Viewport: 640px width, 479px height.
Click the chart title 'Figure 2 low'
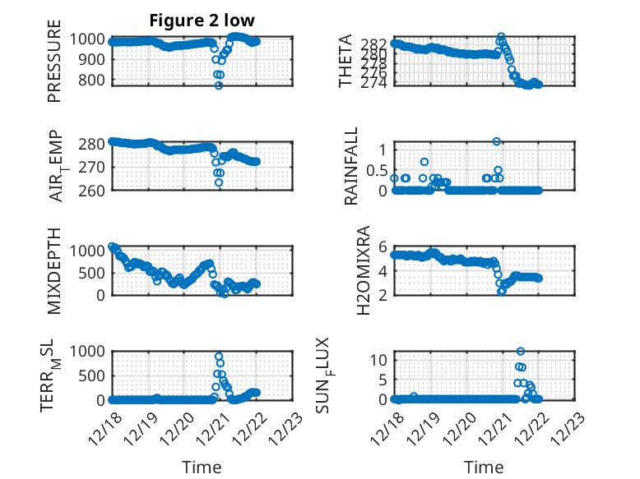tap(202, 21)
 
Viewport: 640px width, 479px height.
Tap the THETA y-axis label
tap(346, 61)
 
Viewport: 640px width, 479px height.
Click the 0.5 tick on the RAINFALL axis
tap(375, 170)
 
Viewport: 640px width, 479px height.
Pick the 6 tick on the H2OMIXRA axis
tap(383, 246)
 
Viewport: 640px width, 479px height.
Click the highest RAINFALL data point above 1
tap(497, 141)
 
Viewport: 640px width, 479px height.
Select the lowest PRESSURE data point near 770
tap(219, 85)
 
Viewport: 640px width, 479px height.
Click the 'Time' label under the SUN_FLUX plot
tap(484, 467)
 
